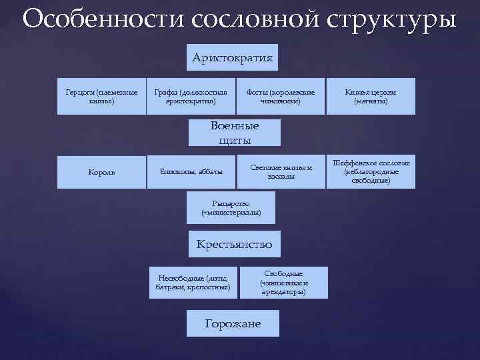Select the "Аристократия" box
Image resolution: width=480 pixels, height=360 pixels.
(233, 58)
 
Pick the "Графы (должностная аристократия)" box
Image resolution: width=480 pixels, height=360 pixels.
(190, 96)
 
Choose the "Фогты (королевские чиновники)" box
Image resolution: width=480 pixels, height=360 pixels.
(280, 96)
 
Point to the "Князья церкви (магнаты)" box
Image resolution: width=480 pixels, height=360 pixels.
(371, 96)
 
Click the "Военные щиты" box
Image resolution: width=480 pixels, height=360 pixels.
(234, 132)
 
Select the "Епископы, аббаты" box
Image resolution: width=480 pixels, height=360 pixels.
(191, 172)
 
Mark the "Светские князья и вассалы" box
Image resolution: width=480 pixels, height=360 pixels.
(281, 171)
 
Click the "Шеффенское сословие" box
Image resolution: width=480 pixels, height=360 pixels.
(371, 171)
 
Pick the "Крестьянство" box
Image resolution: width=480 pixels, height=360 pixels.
(234, 245)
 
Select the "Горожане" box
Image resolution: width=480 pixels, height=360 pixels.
(233, 323)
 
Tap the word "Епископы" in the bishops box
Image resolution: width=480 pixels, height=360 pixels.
(175, 172)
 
